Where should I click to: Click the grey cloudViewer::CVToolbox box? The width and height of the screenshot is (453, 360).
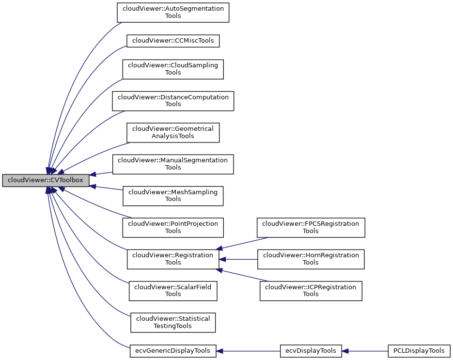46,180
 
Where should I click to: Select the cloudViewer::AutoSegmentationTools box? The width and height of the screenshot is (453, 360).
173,12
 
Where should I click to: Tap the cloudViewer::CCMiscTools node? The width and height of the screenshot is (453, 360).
173,41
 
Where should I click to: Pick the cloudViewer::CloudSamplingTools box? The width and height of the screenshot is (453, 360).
173,69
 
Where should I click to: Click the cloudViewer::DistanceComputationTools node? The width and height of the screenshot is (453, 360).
173,101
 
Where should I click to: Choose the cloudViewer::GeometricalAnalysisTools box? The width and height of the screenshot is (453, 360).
173,132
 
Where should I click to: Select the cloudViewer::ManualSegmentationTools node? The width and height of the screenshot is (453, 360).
173,164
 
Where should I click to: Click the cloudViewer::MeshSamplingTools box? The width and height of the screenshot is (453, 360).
173,196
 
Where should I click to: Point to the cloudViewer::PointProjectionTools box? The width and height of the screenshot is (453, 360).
173,227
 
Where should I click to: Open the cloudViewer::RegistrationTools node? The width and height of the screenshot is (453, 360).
173,259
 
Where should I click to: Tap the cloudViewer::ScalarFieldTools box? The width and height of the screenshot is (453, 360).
173,291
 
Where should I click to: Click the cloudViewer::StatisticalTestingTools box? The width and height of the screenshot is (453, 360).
173,322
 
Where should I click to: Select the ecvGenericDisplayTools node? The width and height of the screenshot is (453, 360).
173,351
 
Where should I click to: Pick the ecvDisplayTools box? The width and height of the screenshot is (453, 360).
311,351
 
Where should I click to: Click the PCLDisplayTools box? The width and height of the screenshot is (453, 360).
419,351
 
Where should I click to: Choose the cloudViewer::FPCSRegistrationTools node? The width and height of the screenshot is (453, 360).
311,227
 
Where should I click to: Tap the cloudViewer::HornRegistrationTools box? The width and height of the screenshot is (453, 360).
311,259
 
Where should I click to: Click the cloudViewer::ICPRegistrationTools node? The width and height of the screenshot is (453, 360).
311,291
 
